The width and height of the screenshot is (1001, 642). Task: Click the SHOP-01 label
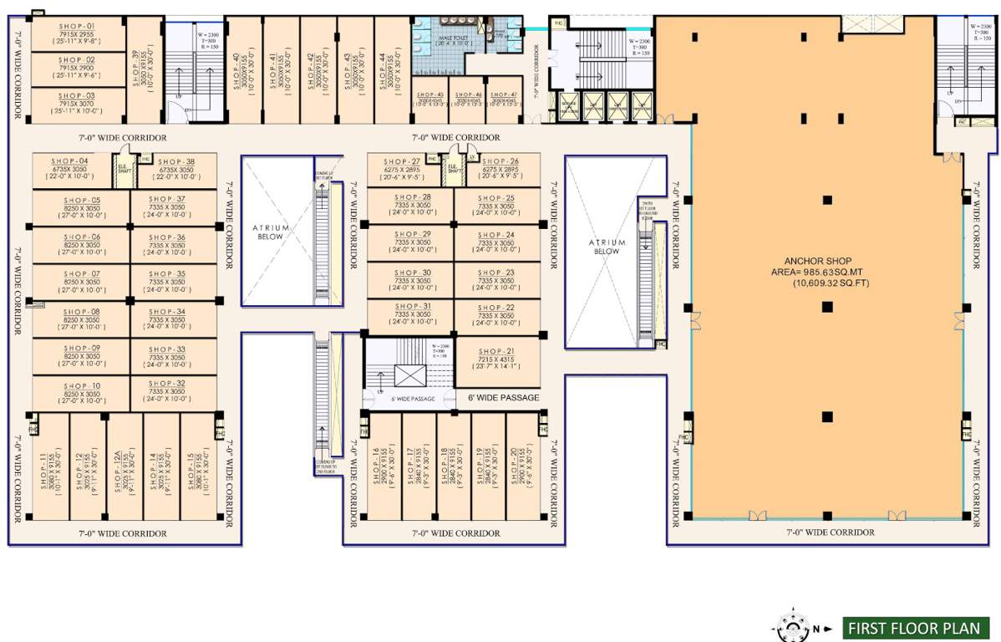76,26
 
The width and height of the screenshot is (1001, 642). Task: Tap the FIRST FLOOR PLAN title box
915,627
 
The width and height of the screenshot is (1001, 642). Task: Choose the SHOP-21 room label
496,351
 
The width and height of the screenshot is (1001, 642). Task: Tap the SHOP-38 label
175,160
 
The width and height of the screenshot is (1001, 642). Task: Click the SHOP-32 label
170,383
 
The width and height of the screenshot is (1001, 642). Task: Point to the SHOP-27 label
402,161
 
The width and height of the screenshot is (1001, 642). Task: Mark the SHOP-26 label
500,161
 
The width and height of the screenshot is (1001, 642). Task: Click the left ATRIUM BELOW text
271,232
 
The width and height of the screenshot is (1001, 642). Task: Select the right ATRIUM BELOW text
607,247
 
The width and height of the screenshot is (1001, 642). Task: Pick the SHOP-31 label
409,307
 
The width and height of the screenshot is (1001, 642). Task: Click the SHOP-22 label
496,308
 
